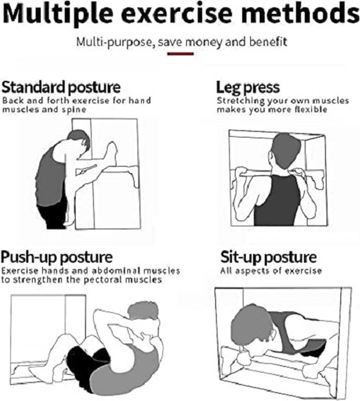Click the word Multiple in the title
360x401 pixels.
(x=58, y=15)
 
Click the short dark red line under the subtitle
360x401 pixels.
(x=180, y=54)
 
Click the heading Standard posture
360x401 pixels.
(x=61, y=87)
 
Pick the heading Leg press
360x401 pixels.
(x=248, y=87)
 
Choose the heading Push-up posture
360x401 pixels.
(x=57, y=257)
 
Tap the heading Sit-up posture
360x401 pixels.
(x=268, y=257)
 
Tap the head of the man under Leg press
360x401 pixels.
(x=286, y=151)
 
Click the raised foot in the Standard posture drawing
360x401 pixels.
(x=112, y=154)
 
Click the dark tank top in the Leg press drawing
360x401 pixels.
(x=277, y=200)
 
